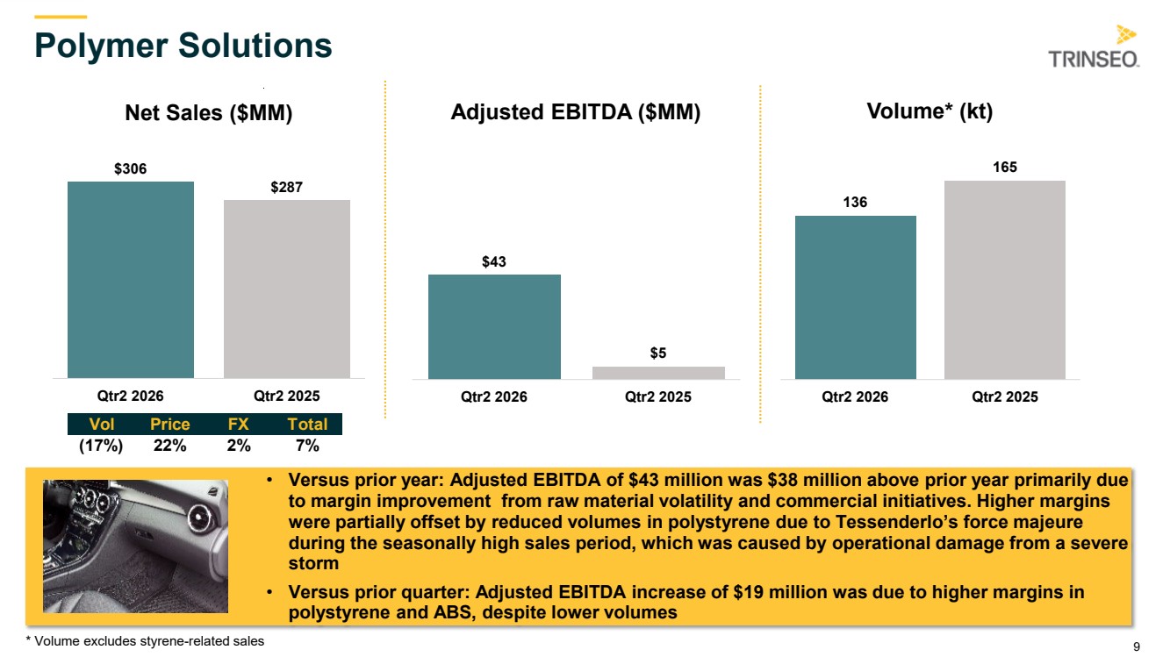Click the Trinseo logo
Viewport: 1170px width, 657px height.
(1094, 46)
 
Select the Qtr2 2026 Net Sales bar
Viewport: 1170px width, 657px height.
(131, 280)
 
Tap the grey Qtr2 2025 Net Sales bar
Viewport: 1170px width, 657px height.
(287, 289)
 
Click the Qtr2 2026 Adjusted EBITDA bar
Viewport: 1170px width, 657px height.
(494, 326)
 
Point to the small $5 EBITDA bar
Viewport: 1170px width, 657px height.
(658, 373)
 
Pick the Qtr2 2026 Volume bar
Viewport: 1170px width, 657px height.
(856, 297)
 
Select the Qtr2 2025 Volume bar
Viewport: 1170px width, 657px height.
(1004, 280)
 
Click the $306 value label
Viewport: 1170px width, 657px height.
(131, 168)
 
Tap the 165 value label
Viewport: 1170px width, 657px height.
(1004, 167)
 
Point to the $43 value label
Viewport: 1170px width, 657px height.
(494, 261)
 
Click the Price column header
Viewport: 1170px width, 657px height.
(169, 424)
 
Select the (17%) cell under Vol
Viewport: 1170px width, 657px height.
(101, 446)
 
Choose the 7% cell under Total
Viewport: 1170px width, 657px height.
(307, 446)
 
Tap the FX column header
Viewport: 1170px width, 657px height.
(238, 424)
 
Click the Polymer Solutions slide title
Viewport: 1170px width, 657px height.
(183, 46)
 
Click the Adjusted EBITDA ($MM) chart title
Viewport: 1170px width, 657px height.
(576, 112)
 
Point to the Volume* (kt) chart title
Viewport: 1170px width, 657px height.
(930, 111)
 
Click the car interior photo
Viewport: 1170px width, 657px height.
(135, 546)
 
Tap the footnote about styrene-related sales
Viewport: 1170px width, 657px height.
(145, 641)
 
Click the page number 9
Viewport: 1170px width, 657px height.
(1137, 646)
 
